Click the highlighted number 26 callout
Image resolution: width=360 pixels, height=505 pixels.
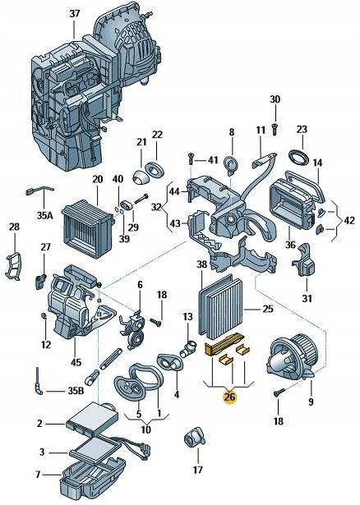point(229,397)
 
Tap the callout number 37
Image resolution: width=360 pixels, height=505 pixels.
point(75,13)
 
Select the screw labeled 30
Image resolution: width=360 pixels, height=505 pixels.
point(275,128)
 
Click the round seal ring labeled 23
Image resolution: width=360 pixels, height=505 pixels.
point(298,158)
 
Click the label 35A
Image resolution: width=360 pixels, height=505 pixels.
point(44,215)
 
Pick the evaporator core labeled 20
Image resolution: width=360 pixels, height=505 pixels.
point(87,228)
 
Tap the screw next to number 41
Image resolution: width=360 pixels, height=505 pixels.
point(191,158)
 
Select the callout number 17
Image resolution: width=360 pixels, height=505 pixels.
point(197,470)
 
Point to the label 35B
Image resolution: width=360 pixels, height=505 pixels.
point(76,391)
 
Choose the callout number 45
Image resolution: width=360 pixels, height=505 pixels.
point(76,362)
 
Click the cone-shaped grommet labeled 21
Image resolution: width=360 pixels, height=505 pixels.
point(141,177)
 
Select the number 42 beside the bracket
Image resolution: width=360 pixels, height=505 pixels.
point(348,220)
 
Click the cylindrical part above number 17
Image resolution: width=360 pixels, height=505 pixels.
point(194,438)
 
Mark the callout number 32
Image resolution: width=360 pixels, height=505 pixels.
point(156,207)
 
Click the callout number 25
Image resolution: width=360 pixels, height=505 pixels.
point(267,309)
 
